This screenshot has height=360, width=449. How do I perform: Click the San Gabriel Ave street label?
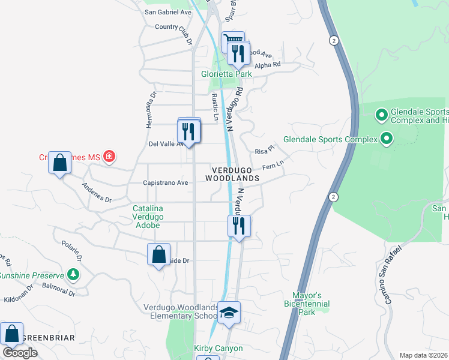(x=167, y=12)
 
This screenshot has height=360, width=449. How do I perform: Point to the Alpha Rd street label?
(x=268, y=65)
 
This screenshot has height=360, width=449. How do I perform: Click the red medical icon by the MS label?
(x=109, y=157)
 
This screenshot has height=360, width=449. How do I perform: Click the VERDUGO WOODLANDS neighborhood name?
(x=232, y=174)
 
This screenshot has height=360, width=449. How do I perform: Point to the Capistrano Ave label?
(x=165, y=182)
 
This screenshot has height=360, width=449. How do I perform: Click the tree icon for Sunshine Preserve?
(x=73, y=275)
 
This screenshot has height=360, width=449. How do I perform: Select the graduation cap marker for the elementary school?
(x=229, y=313)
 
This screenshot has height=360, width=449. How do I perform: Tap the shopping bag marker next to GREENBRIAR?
(x=11, y=333)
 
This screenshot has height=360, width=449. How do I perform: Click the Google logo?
(x=20, y=353)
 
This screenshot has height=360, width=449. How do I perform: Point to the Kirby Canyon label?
(x=218, y=349)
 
